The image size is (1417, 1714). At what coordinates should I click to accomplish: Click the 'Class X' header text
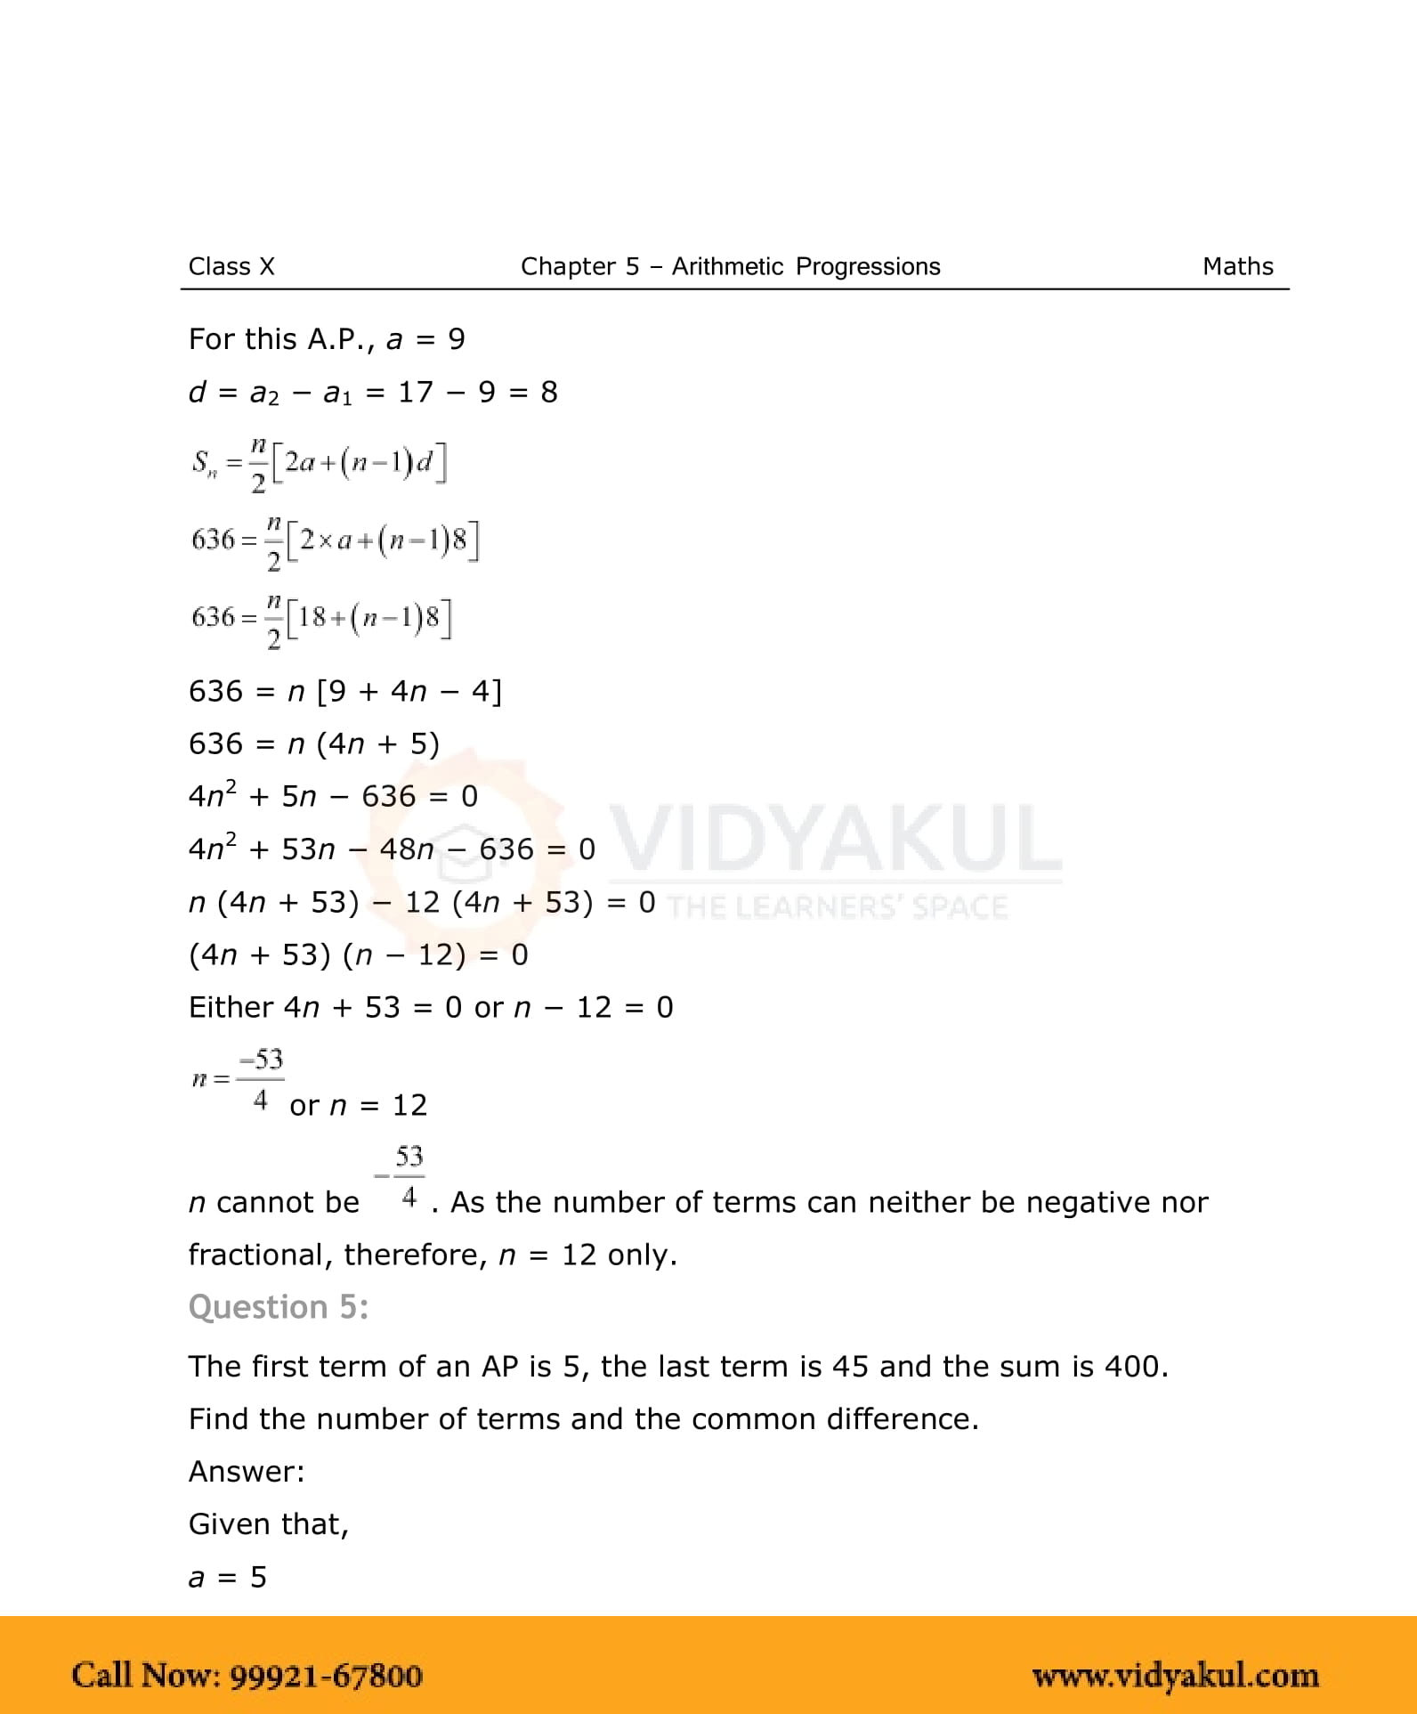click(231, 266)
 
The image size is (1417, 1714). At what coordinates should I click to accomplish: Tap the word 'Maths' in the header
click(1237, 266)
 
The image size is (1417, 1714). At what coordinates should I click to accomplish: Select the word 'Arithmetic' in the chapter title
click(727, 266)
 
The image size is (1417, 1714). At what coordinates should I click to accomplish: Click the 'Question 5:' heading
click(278, 1306)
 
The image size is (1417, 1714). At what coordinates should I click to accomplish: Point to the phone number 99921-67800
click(326, 1675)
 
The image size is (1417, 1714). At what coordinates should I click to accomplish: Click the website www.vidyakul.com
click(1175, 1675)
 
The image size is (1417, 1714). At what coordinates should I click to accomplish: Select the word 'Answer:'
click(247, 1471)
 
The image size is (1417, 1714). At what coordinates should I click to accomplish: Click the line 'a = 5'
click(228, 1577)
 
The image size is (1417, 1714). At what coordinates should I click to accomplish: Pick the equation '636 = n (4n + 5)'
click(314, 743)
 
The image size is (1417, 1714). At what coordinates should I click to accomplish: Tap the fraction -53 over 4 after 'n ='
click(260, 1079)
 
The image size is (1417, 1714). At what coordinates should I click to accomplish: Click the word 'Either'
click(231, 1007)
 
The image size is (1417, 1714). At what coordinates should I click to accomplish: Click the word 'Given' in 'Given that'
click(220, 1524)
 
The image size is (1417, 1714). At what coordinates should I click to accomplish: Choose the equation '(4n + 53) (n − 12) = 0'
click(358, 954)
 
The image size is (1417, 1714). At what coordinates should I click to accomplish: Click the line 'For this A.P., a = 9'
click(327, 339)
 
